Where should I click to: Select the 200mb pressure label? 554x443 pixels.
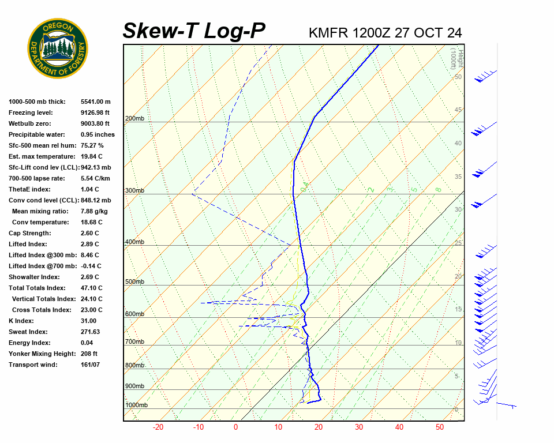point(134,119)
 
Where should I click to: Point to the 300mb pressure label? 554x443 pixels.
point(134,190)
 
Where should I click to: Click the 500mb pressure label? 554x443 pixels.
point(134,282)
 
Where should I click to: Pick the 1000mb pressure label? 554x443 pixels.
point(136,406)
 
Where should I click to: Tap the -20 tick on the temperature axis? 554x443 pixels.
point(158,427)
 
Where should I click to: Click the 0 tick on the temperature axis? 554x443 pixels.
point(235,427)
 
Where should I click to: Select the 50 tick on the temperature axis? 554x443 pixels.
point(440,427)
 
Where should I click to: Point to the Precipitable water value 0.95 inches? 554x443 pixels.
point(98,134)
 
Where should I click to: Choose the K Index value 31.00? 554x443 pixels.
point(88,321)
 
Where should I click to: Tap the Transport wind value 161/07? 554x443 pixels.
point(91,365)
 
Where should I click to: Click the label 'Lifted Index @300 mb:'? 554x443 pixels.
point(42,255)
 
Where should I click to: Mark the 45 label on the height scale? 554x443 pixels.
point(458,110)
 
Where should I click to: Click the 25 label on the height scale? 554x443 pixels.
point(458,243)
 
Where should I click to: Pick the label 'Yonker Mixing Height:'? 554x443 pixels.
point(41,354)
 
